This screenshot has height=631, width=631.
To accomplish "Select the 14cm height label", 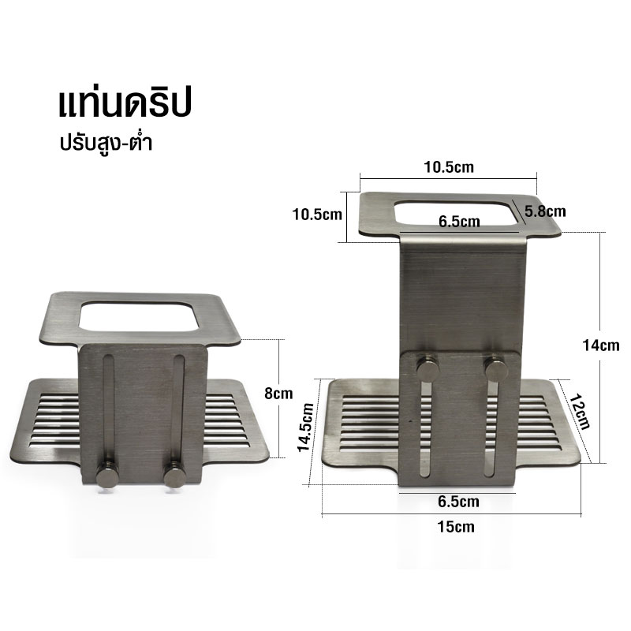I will pos(602,345).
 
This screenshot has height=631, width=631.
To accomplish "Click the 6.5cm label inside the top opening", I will pos(459,222).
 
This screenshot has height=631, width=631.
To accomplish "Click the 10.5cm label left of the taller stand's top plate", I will pos(315,214).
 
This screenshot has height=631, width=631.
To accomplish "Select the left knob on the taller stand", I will pos(426,368).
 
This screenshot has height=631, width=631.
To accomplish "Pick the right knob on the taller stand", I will pos(497,367).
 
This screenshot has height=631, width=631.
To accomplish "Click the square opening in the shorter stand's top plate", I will pos(138,317).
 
